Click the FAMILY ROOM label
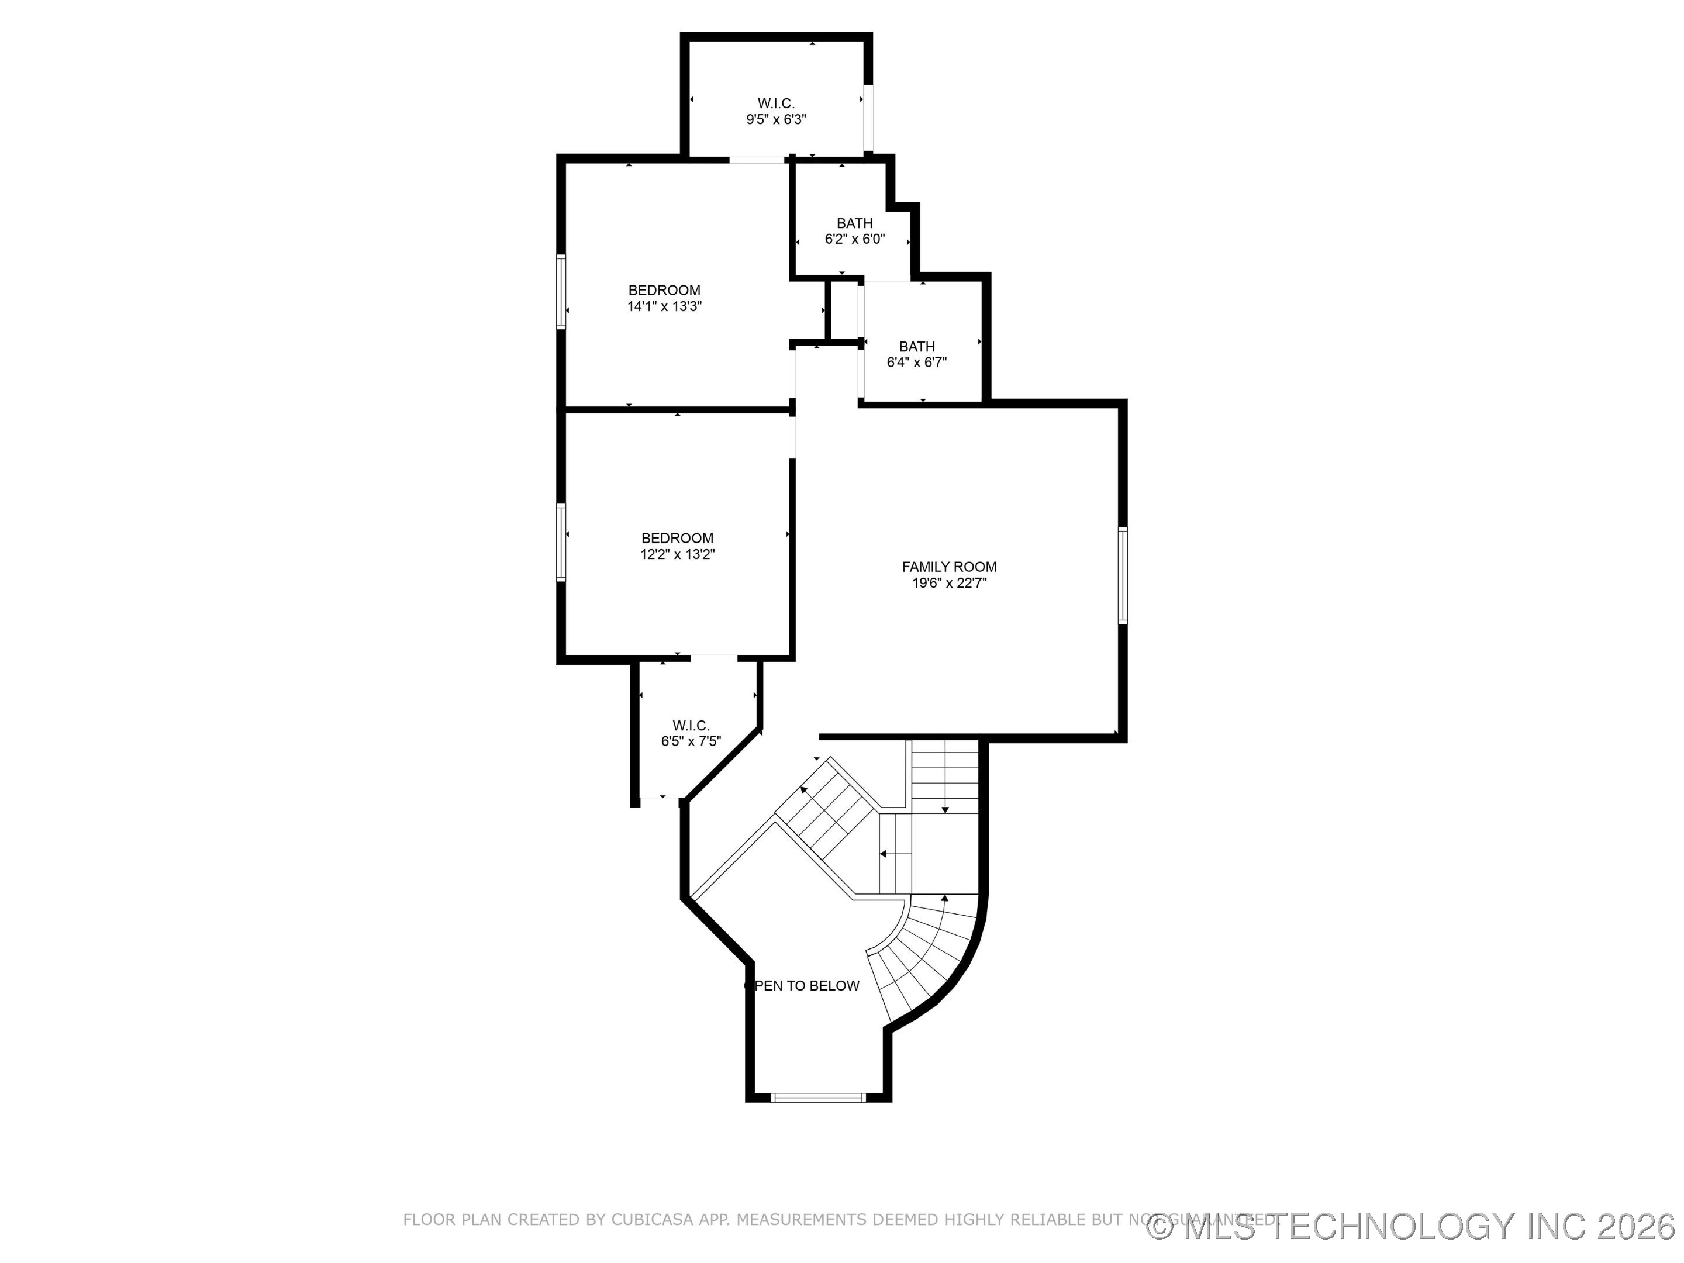[x=948, y=567]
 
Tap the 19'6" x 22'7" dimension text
[x=948, y=583]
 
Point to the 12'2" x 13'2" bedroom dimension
[x=677, y=555]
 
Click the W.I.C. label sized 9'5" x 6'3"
[x=776, y=103]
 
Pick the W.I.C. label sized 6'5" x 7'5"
[x=691, y=726]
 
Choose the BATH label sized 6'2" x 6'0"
[x=854, y=223]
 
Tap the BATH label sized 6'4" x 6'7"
[x=917, y=346]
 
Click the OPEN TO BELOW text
[x=802, y=986]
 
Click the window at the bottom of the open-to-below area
[x=819, y=1098]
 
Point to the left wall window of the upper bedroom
[x=561, y=292]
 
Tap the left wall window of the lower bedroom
[x=561, y=542]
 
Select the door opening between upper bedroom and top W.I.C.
[x=757, y=159]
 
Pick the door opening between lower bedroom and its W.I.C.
[x=713, y=658]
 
